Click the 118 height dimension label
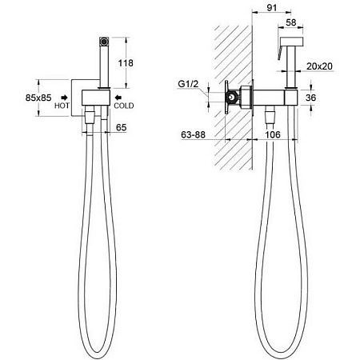pos(126,63)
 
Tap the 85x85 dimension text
pos(38,98)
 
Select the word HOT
pos(62,106)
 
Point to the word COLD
pos(124,106)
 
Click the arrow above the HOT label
pos(64,98)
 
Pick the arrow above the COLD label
pos(118,98)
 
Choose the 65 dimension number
pos(121,127)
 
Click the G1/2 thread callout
pos(188,84)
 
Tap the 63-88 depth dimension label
pos(193,134)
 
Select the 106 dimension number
pos(273,134)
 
